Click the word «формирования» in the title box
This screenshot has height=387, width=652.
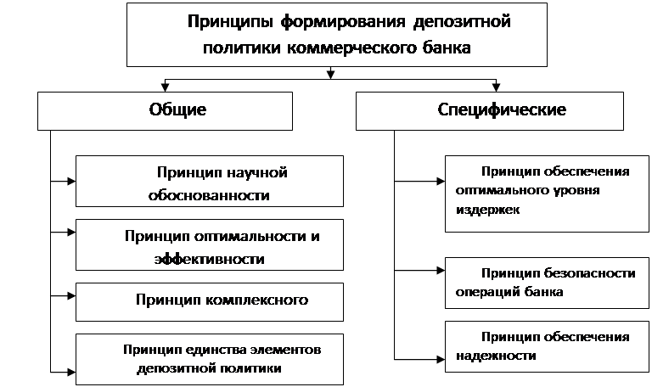pyautogui.click(x=343, y=22)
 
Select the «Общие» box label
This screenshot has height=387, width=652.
pyautogui.click(x=177, y=109)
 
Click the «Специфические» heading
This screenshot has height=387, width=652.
pyautogui.click(x=502, y=109)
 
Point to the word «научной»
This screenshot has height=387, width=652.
pyautogui.click(x=253, y=172)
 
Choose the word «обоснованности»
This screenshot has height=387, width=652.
pyautogui.click(x=209, y=195)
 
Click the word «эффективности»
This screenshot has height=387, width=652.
pyautogui.click(x=209, y=259)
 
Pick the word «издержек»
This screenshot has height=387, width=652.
pyautogui.click(x=487, y=210)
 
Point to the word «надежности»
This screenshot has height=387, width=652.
pyautogui.click(x=496, y=356)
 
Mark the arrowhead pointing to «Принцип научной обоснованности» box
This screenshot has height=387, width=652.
pyautogui.click(x=71, y=182)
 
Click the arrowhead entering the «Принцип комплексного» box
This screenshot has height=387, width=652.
pyautogui.click(x=71, y=296)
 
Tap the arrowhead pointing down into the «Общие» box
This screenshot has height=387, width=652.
pyautogui.click(x=165, y=87)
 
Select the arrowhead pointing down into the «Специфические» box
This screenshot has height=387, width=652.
pyautogui.click(x=496, y=87)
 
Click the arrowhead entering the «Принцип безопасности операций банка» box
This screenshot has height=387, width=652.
pyautogui.click(x=441, y=271)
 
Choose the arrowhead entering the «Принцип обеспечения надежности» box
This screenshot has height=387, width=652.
pyautogui.click(x=441, y=359)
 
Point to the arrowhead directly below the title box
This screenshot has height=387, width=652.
pyautogui.click(x=330, y=75)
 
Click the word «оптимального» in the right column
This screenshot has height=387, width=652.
pyautogui.click(x=501, y=191)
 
